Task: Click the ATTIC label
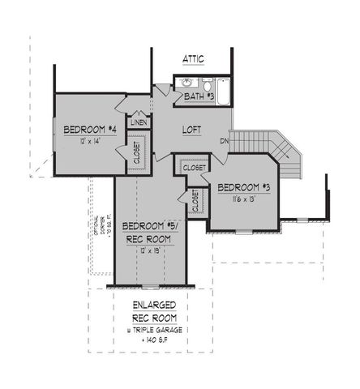(193, 58)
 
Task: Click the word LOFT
(191, 130)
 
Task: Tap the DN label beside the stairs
(223, 141)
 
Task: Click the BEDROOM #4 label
(91, 130)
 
